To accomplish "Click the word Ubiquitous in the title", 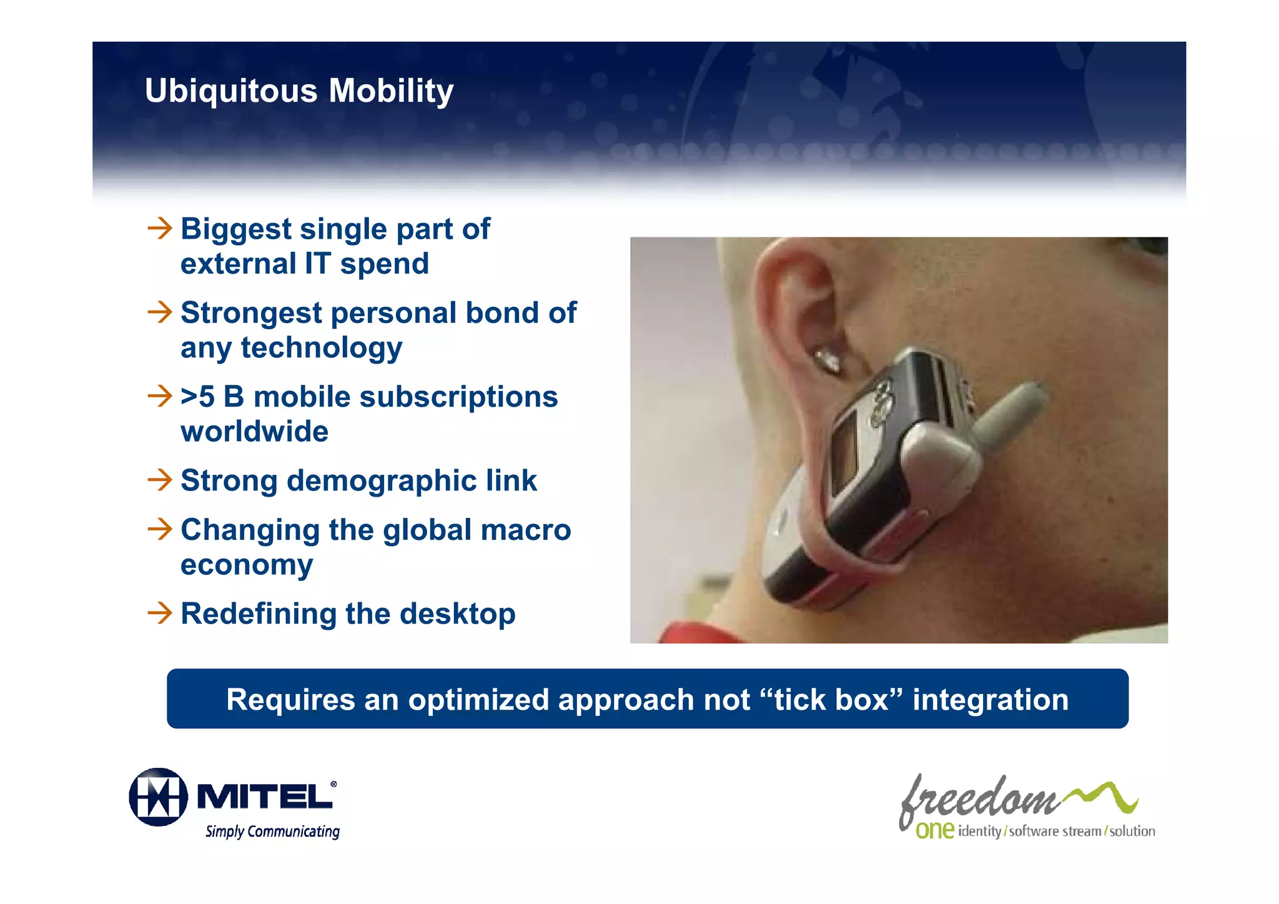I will pyautogui.click(x=231, y=91).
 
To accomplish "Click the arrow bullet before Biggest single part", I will pyautogui.click(x=160, y=228).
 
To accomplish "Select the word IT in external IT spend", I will pyautogui.click(x=319, y=264).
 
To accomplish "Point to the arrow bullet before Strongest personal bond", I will pyautogui.click(x=160, y=312).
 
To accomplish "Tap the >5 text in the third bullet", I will pyautogui.click(x=197, y=397).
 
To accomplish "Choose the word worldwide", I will pyautogui.click(x=254, y=432).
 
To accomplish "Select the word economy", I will pyautogui.click(x=247, y=565).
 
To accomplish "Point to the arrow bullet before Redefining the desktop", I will pyautogui.click(x=160, y=613).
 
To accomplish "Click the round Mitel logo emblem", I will pyautogui.click(x=158, y=797).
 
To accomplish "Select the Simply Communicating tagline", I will pyautogui.click(x=272, y=832).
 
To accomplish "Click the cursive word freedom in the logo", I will pyautogui.click(x=979, y=800).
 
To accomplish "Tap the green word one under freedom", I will pyautogui.click(x=934, y=830).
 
